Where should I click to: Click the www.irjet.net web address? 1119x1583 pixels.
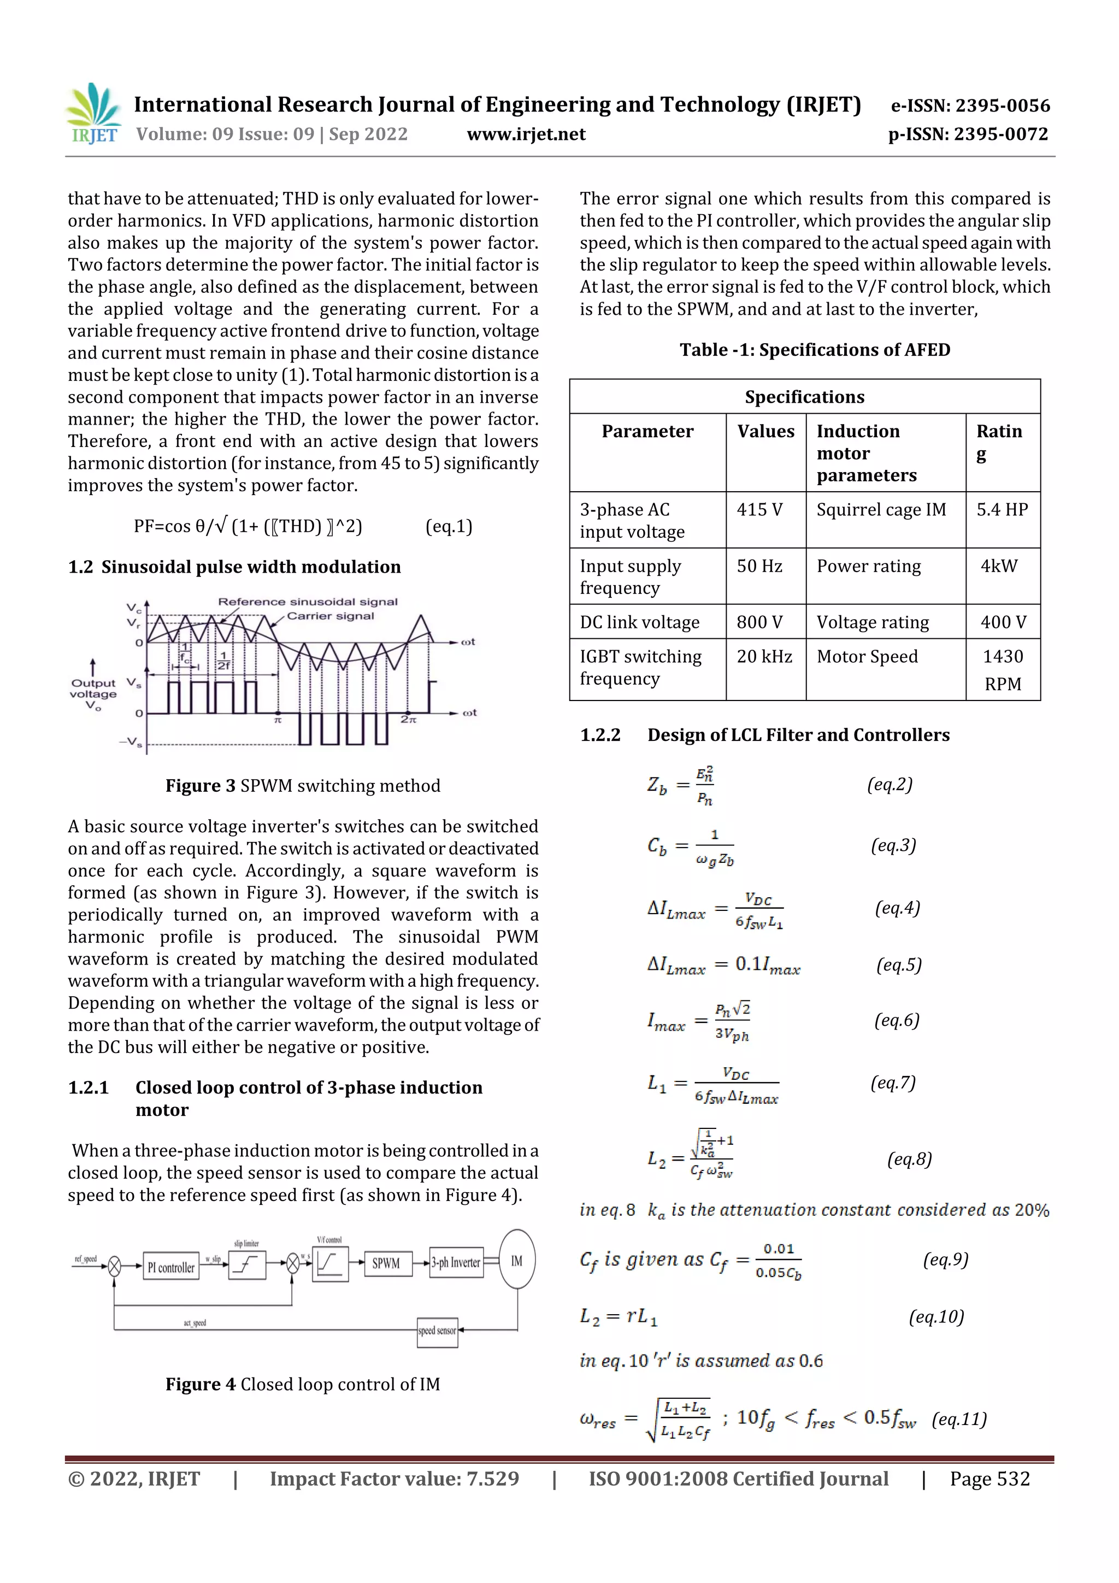(x=526, y=134)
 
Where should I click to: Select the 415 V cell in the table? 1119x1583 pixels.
(x=759, y=509)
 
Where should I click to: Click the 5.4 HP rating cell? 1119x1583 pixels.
(x=1002, y=509)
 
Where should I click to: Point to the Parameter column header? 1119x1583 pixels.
(x=647, y=431)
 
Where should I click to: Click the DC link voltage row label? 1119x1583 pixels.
(x=639, y=622)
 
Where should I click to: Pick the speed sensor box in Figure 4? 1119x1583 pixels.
(x=437, y=1331)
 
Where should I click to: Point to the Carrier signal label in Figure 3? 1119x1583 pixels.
(x=330, y=616)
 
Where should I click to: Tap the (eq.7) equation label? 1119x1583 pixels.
(x=892, y=1082)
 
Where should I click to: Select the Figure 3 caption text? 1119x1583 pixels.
(x=302, y=785)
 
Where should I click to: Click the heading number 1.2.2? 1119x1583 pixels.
(x=600, y=735)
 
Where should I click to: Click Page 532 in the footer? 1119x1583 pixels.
(x=989, y=1479)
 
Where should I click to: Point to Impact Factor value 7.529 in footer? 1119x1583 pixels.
(x=394, y=1479)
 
